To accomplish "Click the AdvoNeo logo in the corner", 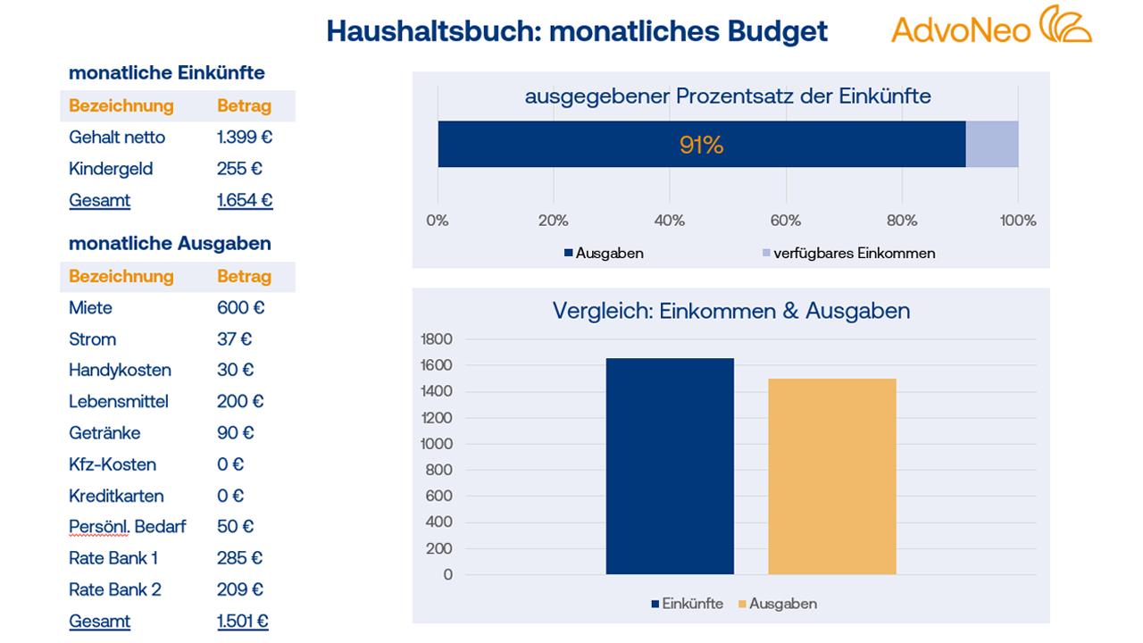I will coord(990,26).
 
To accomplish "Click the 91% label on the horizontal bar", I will coord(701,145).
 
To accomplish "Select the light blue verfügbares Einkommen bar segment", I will coord(991,144).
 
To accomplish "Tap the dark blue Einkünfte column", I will coord(670,466).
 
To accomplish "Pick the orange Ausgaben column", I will coord(831,476).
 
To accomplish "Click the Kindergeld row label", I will coord(111,169).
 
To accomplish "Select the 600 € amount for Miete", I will coord(240,308).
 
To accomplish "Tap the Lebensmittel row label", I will coord(118,402).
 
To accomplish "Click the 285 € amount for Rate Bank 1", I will coord(239,558).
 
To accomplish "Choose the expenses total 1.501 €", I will coord(242,622).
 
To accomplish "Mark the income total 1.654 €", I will coord(244,200).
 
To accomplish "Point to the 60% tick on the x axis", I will coord(785,221).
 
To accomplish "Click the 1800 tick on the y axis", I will coord(437,339).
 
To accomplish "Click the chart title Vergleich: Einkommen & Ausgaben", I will coord(730,311).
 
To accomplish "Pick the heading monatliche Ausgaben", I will coord(170,244).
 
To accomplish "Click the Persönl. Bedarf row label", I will coord(127,527).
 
